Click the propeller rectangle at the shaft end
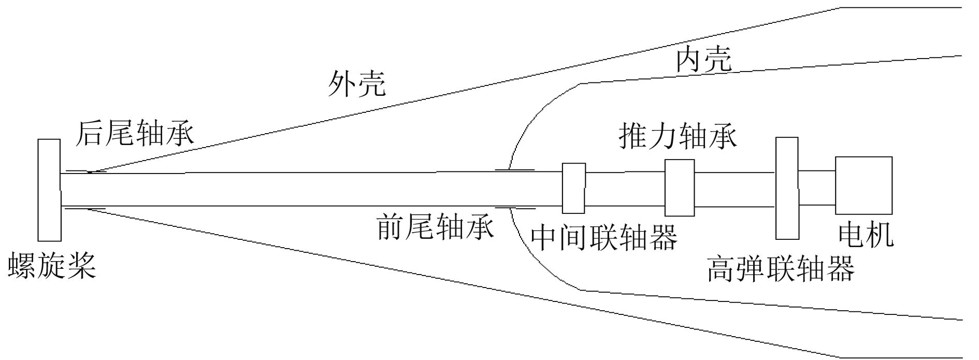[49, 190]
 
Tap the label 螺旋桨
[52, 266]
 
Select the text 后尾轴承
[135, 133]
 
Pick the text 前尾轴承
[435, 226]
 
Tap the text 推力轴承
[678, 136]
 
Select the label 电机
[866, 234]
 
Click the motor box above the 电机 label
[863, 185]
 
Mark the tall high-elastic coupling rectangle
[787, 188]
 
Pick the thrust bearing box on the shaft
[679, 188]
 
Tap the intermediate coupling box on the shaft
[574, 188]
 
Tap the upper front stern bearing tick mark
[515, 169]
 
